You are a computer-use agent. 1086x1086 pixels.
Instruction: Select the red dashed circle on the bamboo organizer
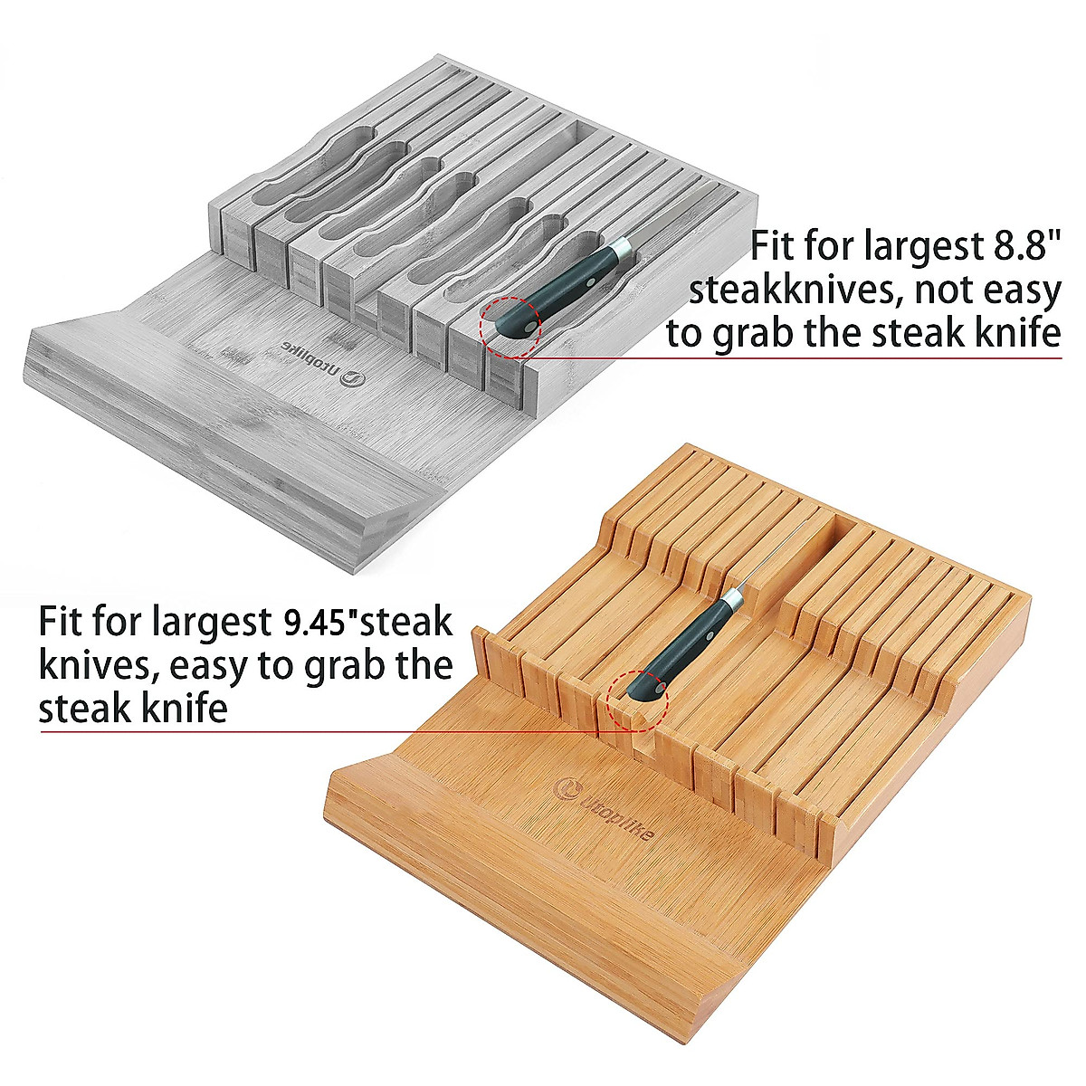point(638,701)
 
